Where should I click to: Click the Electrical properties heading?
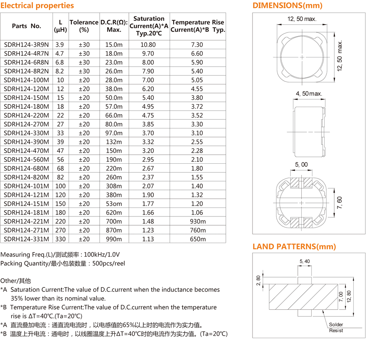coord(37,6)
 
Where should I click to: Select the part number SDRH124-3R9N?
coord(26,45)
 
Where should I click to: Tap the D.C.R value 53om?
coord(114,204)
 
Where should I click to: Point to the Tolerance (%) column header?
coord(84,26)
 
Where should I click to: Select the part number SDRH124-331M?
coord(26,239)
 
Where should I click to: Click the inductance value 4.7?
coord(60,54)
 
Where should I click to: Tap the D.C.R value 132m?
coord(114,142)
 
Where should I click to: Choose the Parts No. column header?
coord(26,26)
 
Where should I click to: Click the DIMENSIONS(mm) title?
coord(287,6)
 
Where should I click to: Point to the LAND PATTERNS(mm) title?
coord(294,247)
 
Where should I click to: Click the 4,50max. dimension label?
coord(309,94)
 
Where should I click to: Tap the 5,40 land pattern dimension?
coord(304,261)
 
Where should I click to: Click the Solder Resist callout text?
coord(336,327)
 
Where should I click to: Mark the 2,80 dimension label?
coord(258,281)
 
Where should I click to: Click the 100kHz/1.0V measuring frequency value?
coord(101,255)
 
